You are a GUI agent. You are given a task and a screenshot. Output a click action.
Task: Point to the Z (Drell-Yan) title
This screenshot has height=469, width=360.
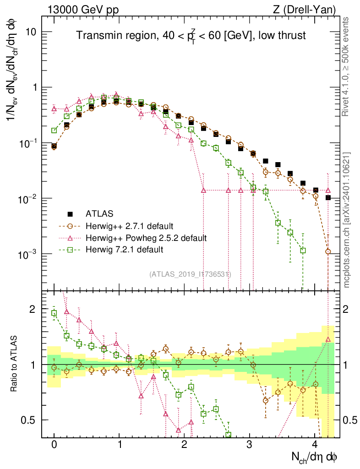point(309,9)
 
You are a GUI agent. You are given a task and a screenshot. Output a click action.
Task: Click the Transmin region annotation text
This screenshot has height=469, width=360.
point(191,36)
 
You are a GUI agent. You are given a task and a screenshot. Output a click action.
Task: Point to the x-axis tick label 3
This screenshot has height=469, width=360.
point(250,445)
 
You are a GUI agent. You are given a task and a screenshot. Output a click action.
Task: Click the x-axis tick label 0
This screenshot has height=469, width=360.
point(54,445)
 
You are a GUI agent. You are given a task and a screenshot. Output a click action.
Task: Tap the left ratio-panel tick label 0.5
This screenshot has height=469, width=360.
point(29,420)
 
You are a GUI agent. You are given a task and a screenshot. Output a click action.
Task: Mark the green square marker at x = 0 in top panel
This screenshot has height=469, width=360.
point(54,131)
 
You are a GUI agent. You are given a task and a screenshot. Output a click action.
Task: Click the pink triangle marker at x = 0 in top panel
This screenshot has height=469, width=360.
point(54,109)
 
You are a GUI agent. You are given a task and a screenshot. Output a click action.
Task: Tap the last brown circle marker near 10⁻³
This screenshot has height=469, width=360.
point(328,251)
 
